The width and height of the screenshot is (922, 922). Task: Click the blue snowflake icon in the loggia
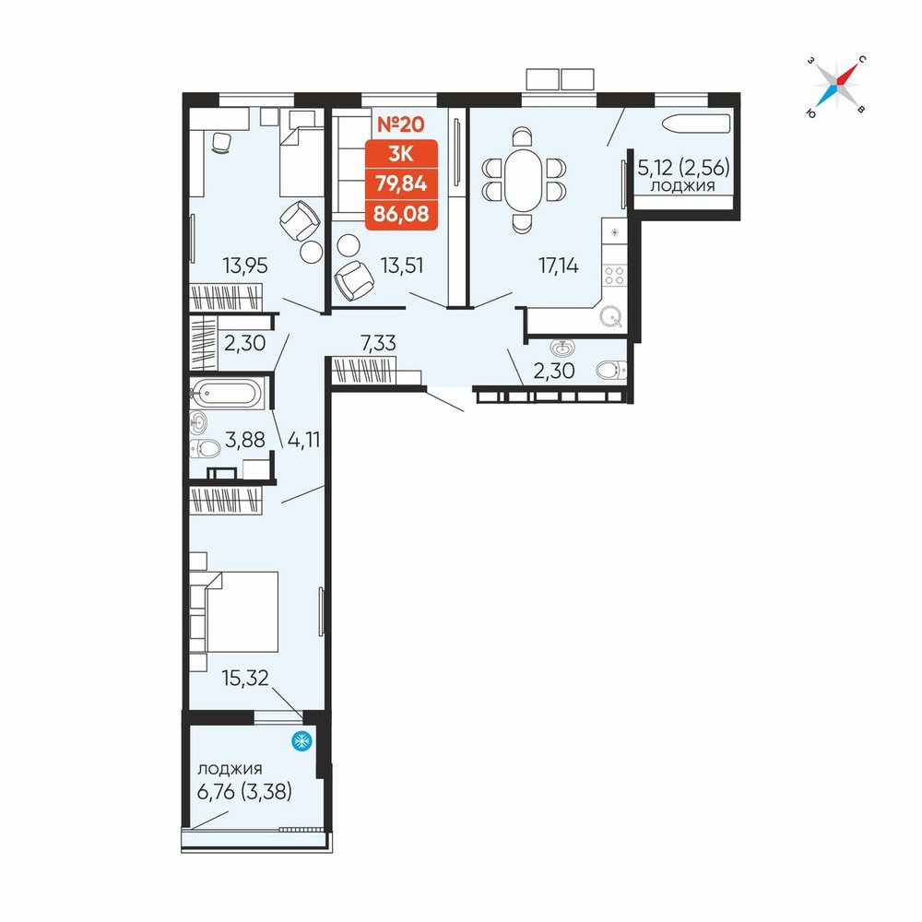pos(302,741)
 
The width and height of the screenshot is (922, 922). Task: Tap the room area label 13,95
pos(245,266)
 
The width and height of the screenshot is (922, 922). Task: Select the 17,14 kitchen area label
pos(559,266)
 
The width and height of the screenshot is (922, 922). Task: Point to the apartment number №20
pos(400,124)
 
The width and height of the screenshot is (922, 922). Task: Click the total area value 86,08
pos(401,213)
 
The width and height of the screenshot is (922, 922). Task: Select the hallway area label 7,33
pos(378,342)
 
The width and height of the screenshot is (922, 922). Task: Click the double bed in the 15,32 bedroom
pos(242,611)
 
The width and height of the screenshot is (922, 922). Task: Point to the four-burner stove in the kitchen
pos(614,276)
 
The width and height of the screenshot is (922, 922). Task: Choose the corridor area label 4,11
pos(303,439)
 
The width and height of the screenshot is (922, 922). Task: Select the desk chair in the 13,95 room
pos(221,142)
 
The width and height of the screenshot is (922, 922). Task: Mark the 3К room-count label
pos(401,154)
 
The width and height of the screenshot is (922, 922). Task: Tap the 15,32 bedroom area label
pos(245,678)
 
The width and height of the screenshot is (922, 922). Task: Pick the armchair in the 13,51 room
pos(354,280)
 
